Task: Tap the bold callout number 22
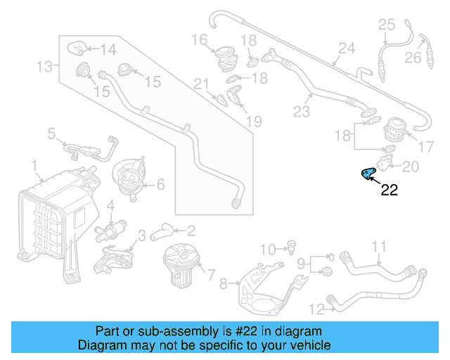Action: [x=389, y=189]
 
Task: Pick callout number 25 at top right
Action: [x=387, y=25]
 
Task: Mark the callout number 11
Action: [x=379, y=246]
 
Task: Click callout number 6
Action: [x=160, y=185]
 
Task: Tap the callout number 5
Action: [x=51, y=132]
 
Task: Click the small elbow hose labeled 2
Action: [x=163, y=230]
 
